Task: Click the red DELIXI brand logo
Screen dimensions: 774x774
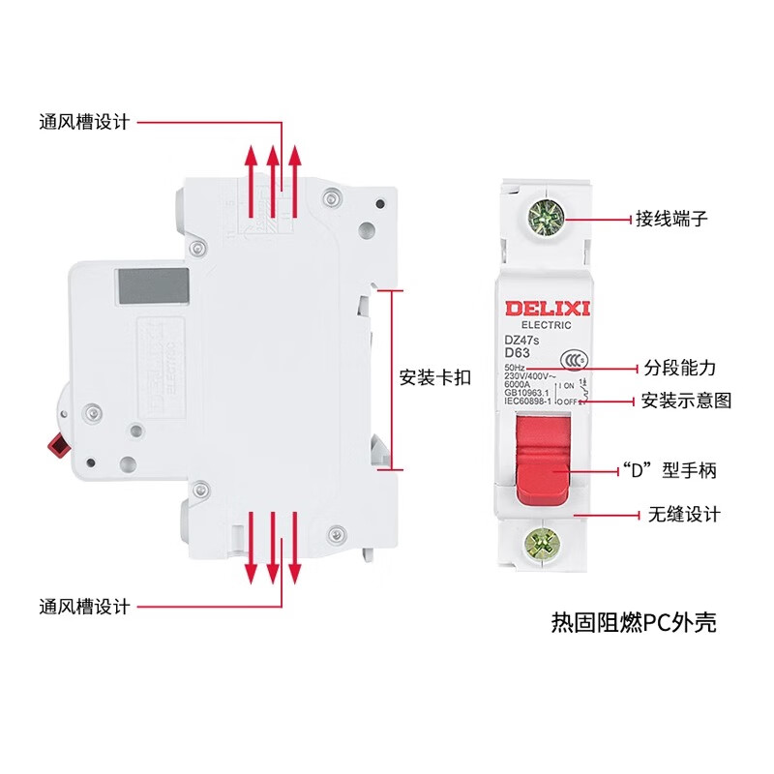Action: pos(548,308)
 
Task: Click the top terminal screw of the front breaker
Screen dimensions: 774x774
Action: pos(548,218)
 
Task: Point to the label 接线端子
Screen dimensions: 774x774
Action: pos(671,219)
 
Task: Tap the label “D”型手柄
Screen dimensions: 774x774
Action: pos(670,472)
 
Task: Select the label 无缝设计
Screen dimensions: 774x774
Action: pos(680,515)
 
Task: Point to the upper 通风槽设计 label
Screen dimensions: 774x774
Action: pos(84,122)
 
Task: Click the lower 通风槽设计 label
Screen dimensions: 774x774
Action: pos(84,607)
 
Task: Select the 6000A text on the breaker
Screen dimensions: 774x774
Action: pos(520,385)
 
